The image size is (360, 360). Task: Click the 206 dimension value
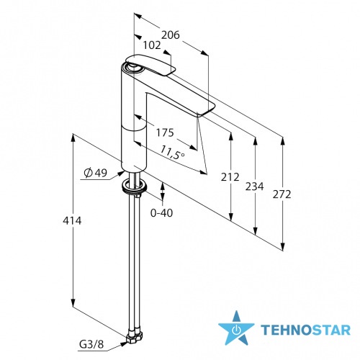pyautogui.click(x=170, y=35)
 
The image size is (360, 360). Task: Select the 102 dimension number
pyautogui.click(x=152, y=45)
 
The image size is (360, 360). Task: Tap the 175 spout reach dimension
pyautogui.click(x=165, y=132)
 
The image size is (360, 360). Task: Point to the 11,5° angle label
pyautogui.click(x=172, y=153)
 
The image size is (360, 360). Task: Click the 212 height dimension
pyautogui.click(x=230, y=177)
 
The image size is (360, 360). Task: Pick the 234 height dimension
pyautogui.click(x=254, y=186)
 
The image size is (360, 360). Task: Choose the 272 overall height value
pyautogui.click(x=282, y=194)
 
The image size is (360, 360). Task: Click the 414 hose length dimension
pyautogui.click(x=72, y=220)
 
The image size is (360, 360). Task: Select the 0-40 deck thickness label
pyautogui.click(x=161, y=213)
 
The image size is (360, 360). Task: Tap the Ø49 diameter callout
pyautogui.click(x=96, y=173)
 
